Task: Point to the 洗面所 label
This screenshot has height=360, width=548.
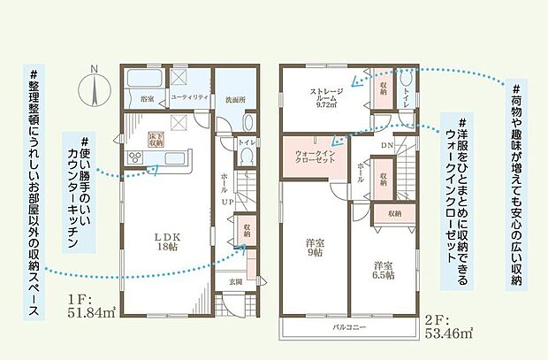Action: pos(233,99)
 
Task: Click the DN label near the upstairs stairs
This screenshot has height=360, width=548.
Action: pos(388,145)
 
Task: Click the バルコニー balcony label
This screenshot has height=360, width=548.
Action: pos(350,327)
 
